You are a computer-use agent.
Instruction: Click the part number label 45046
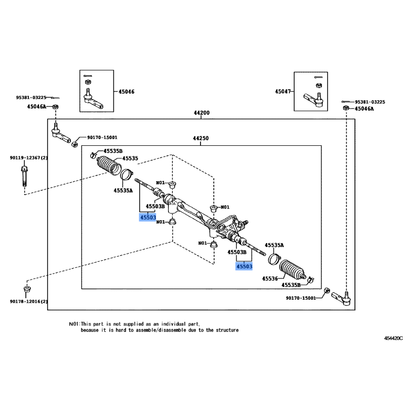point(127,92)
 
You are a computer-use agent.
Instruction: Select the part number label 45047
point(283,92)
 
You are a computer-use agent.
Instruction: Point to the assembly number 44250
point(201,138)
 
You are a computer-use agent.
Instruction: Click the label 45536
point(270,278)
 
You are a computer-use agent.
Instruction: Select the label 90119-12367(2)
point(28,158)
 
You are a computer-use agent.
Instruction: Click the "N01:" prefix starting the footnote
point(74,323)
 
